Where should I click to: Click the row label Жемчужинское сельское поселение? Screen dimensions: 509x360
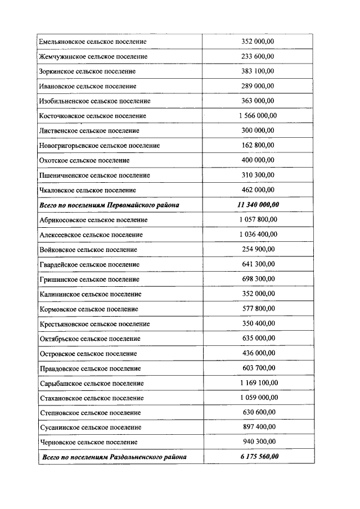(94, 57)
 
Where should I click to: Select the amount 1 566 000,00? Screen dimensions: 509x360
(258, 116)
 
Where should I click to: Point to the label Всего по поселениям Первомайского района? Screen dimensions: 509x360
(110, 205)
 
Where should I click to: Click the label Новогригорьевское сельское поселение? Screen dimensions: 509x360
(100, 146)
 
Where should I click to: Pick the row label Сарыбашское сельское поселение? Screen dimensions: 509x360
(92, 383)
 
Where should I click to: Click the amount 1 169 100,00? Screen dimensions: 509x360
(258, 383)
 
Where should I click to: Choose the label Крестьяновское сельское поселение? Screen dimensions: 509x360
(95, 324)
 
